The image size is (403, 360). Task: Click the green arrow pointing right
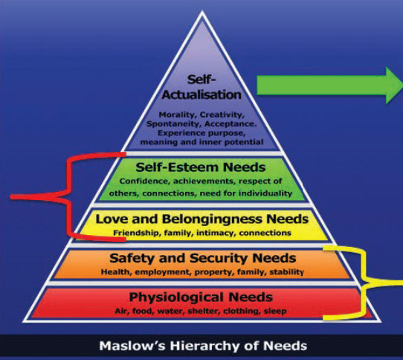330,86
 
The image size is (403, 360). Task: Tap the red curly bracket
68,197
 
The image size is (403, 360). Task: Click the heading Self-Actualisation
201,87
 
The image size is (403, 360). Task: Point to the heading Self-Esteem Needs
201,167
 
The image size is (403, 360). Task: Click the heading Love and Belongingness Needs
202,219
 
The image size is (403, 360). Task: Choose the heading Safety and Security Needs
203,258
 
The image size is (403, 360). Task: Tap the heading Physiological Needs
201,298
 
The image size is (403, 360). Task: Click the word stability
286,271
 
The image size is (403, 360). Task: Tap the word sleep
275,312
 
